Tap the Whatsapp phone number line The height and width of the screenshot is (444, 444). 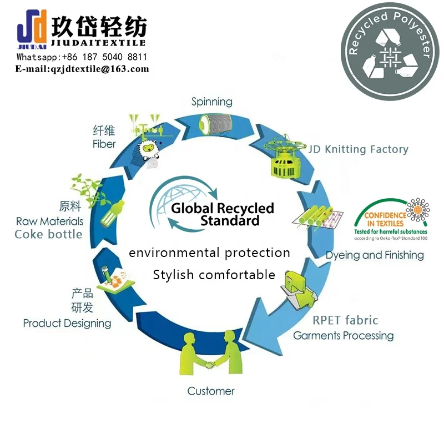tap(82, 57)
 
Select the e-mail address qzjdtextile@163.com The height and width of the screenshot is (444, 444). tap(82, 69)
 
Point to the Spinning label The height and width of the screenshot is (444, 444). tap(211, 102)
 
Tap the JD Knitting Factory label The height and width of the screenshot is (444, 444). tap(359, 149)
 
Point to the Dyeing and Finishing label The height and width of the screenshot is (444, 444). tap(374, 255)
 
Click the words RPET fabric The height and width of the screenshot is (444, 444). tap(345, 320)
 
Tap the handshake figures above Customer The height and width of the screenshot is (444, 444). tap(210, 355)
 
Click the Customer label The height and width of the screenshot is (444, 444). tap(210, 391)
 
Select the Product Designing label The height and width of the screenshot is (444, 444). tap(67, 323)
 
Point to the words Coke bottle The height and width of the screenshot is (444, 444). tap(48, 234)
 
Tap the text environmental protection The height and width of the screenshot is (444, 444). tap(209, 253)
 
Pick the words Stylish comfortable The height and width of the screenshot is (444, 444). tap(214, 275)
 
